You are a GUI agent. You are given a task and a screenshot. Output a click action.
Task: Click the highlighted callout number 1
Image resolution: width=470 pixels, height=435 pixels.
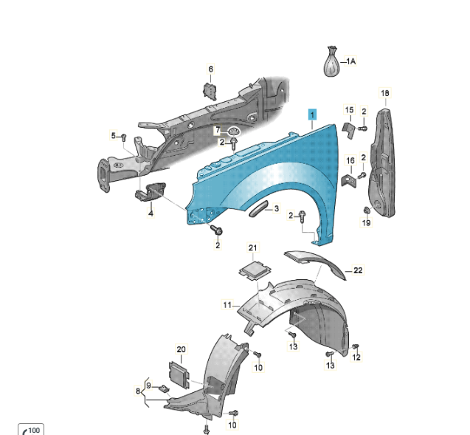313,114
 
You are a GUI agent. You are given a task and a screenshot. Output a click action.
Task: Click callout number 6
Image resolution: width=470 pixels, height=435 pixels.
210,69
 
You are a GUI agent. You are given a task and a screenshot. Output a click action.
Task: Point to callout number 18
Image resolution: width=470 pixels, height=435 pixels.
384,93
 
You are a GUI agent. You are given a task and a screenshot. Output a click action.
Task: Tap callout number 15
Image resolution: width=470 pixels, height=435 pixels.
350,110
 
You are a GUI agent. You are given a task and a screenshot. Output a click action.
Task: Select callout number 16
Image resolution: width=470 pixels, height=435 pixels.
350,160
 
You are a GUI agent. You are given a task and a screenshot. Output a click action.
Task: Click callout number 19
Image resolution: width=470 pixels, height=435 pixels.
367,224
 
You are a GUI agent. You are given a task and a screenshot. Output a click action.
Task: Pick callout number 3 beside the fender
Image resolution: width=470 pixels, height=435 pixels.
276,209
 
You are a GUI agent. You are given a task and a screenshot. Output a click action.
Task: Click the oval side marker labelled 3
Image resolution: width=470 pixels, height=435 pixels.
259,210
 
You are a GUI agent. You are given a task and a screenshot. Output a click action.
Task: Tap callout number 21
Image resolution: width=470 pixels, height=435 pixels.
252,247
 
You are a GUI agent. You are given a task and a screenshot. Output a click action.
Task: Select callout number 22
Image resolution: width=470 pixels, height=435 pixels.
358,270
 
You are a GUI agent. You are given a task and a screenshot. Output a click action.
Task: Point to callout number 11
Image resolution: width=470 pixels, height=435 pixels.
227,304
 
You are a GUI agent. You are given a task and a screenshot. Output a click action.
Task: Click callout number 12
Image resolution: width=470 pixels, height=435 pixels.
356,358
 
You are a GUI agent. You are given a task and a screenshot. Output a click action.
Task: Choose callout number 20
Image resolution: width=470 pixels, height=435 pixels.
182,349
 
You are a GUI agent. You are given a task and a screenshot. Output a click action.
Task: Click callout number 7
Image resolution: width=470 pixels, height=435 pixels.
218,131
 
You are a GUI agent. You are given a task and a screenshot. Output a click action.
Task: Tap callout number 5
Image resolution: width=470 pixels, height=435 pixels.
114,136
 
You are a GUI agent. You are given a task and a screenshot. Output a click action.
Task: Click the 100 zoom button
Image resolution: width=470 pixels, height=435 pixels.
32,429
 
